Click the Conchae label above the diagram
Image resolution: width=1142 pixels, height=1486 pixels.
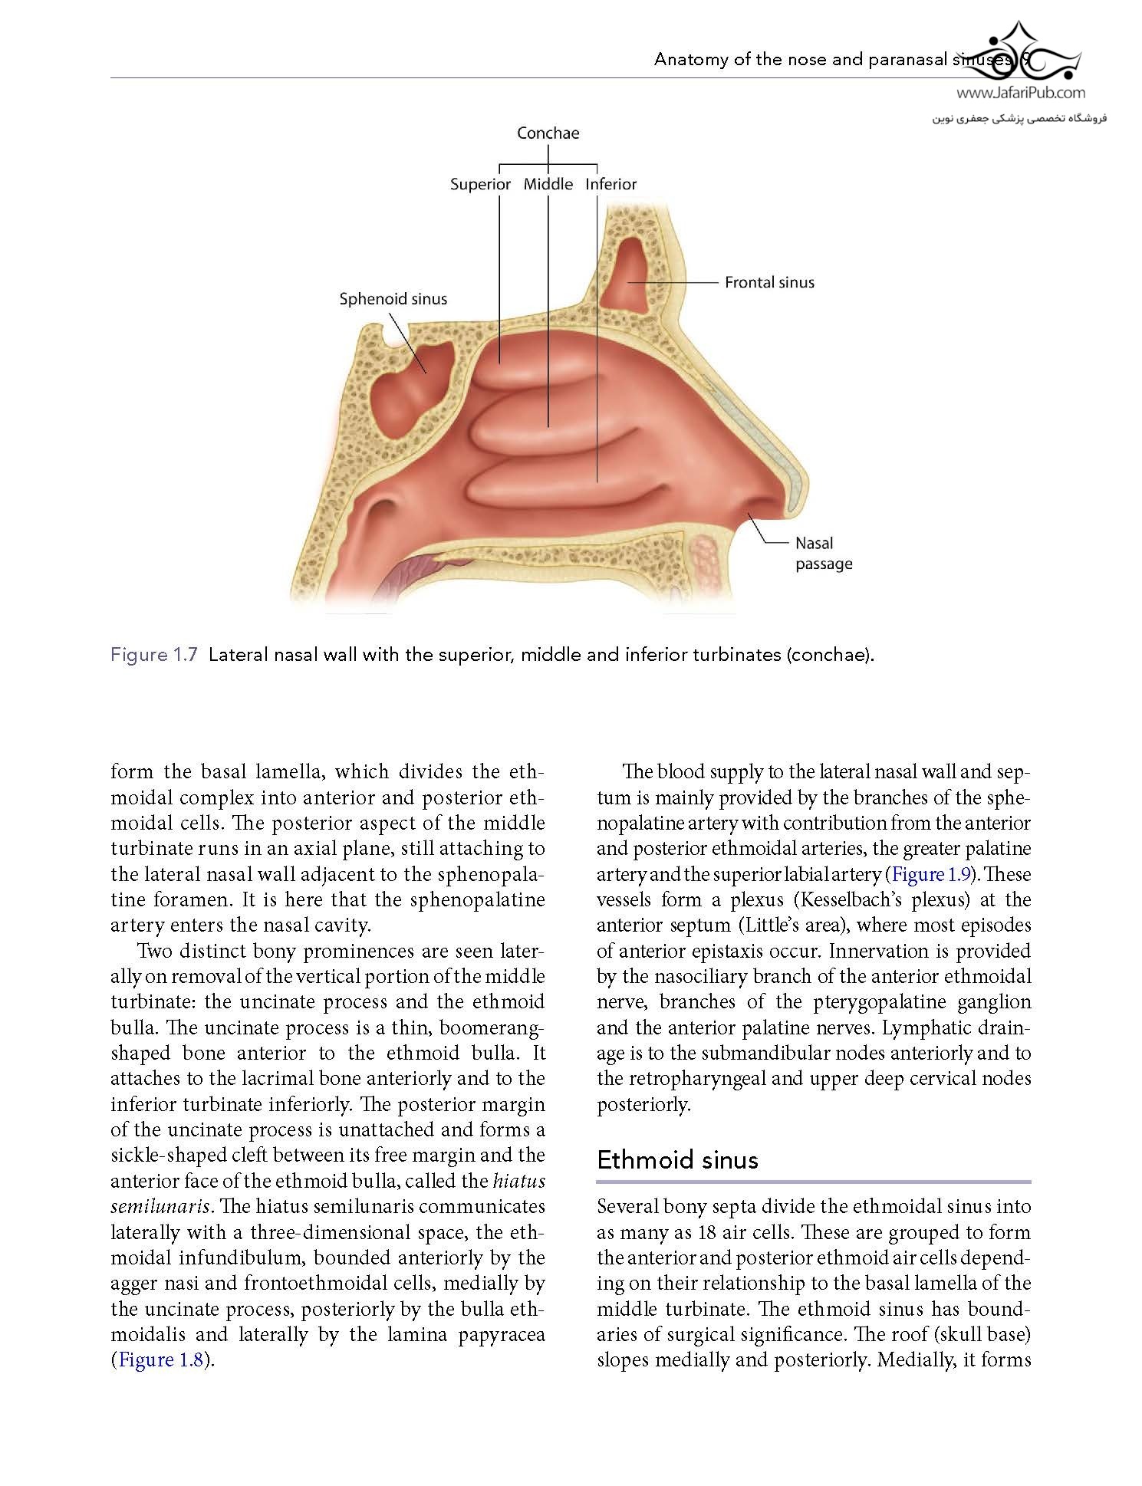coord(548,133)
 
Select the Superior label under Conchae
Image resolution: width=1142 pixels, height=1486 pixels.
coord(480,184)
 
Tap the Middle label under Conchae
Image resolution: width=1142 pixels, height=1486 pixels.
coord(548,184)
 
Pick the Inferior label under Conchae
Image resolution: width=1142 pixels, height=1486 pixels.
coord(610,184)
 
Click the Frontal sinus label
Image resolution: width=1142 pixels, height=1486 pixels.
coord(769,282)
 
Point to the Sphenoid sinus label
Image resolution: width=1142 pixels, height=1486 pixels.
coord(393,299)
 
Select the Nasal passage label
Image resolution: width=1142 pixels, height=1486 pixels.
coord(823,553)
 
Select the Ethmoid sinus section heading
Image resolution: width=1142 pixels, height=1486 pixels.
coord(677,1159)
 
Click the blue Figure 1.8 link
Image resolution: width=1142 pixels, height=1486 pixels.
coord(160,1359)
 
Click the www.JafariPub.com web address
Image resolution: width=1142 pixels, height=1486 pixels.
coord(1021,93)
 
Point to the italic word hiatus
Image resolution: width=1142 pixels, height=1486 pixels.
coord(518,1180)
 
